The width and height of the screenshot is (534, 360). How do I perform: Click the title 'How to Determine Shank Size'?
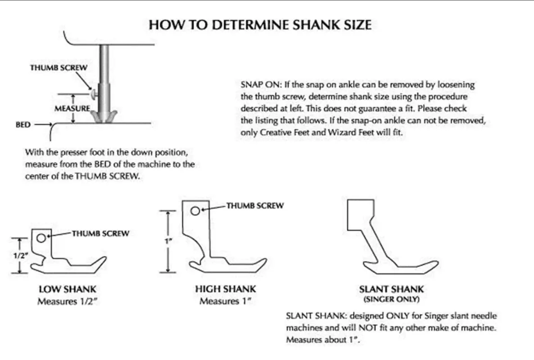click(260, 25)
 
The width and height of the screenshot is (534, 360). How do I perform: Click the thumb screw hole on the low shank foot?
click(41, 237)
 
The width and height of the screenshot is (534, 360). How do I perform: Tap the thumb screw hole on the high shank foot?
click(195, 211)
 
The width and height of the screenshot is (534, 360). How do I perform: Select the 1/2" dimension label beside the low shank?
click(20, 255)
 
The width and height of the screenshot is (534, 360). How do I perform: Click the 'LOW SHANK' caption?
click(68, 289)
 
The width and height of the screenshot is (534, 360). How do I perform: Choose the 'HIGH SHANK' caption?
click(226, 289)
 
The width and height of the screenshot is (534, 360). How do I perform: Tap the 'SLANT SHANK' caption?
click(392, 289)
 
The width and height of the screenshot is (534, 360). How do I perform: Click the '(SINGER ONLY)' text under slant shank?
click(392, 299)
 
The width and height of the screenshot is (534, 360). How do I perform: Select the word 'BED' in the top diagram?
click(23, 125)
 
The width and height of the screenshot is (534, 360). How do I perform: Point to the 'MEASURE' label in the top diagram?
click(72, 109)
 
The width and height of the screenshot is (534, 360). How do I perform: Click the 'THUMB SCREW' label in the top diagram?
click(59, 68)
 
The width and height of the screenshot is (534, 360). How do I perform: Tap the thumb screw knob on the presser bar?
click(94, 94)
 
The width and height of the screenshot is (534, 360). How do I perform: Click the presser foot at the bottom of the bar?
click(104, 116)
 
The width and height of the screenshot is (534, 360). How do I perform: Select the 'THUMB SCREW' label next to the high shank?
click(255, 205)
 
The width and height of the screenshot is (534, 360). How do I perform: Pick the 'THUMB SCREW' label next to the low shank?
click(100, 233)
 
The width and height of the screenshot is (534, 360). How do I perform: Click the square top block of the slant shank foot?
click(361, 215)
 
